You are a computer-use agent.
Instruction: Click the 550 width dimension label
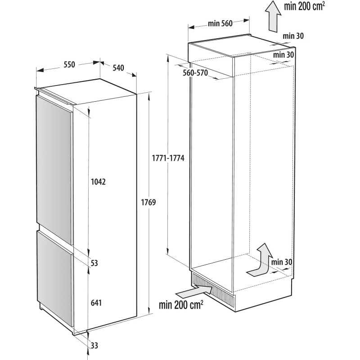point(69,64)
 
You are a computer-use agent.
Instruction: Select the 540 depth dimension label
point(118,68)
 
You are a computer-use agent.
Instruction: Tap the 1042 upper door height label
point(98,182)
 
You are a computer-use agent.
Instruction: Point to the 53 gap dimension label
point(94,263)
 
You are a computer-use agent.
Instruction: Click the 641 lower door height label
point(96,303)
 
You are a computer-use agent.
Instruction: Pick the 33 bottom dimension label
point(94,345)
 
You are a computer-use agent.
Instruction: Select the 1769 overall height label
point(148,202)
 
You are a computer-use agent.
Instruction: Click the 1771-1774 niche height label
point(168,158)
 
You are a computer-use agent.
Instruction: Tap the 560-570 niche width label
point(195,73)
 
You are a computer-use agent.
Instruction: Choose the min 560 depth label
point(220,23)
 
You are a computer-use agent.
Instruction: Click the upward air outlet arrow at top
point(273,16)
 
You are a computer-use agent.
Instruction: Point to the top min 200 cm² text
point(305,6)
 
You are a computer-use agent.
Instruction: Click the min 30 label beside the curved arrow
point(281,262)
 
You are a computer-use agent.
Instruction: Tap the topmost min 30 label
point(293,36)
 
